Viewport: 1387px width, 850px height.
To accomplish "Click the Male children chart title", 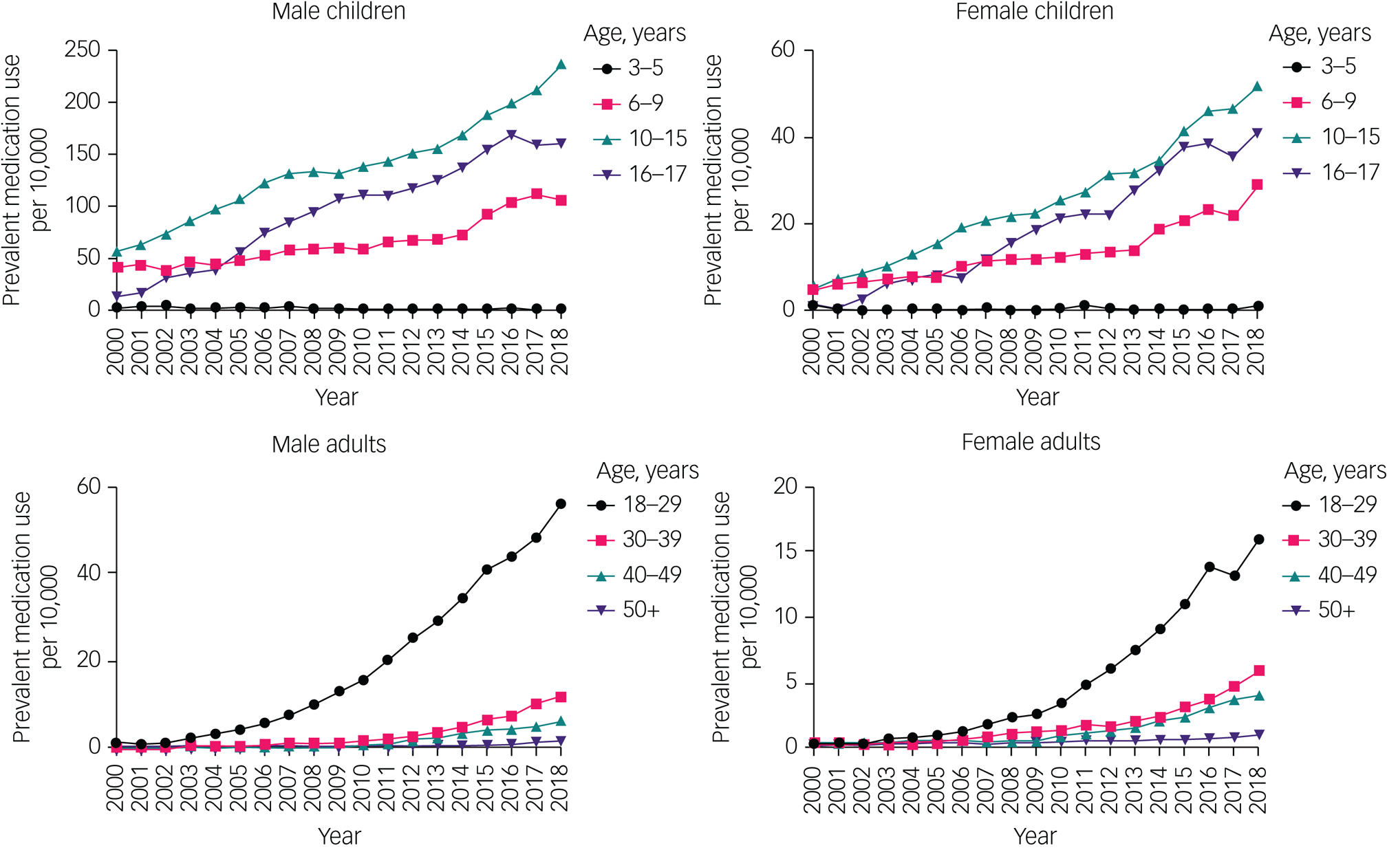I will click(338, 12).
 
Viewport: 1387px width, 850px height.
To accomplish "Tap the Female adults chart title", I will click(1031, 442).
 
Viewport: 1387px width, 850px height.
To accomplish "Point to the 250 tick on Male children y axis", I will click(82, 50).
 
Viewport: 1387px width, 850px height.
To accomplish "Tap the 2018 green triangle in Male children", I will click(561, 65).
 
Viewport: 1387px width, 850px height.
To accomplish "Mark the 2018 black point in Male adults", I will click(561, 504).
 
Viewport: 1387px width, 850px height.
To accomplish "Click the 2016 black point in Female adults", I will click(1209, 567).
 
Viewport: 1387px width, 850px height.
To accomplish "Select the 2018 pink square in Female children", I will click(1258, 184).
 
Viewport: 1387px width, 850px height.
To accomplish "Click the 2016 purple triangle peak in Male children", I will click(511, 135).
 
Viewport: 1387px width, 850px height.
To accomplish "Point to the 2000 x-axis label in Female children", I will click(812, 351).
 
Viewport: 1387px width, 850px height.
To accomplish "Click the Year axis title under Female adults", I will click(1034, 836).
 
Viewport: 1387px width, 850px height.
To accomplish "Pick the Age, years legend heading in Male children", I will click(634, 34).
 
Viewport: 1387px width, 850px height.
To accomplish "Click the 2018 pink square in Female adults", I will click(1258, 671).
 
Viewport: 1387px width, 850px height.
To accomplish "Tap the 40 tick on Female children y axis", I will click(782, 136).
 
